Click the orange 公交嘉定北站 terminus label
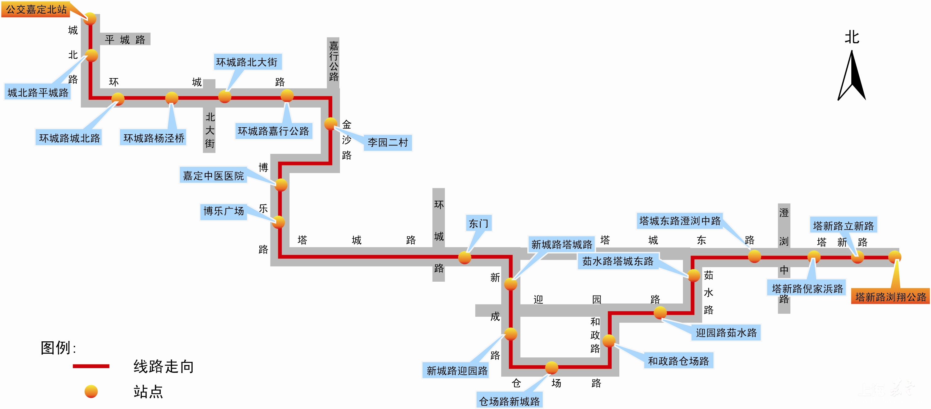click(36, 10)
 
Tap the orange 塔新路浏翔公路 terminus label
click(890, 297)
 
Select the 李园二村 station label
click(387, 142)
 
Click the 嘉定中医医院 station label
click(213, 176)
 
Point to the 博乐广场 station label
click(223, 211)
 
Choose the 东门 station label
click(478, 224)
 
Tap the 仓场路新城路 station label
click(509, 401)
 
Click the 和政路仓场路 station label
click(678, 361)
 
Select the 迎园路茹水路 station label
click(726, 332)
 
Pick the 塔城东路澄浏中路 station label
click(679, 221)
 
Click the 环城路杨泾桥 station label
click(154, 138)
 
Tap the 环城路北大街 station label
click(247, 62)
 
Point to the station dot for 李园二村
click(330, 124)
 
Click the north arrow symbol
click(852, 76)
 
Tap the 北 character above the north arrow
click(852, 37)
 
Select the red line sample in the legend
click(91, 366)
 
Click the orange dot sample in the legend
click(91, 391)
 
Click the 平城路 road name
click(125, 39)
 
